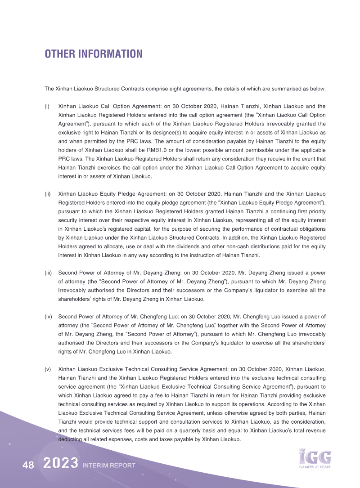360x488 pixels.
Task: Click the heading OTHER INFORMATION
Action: point(93,54)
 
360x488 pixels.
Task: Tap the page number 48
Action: point(28,466)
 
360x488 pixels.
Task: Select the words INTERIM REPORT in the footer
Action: point(109,466)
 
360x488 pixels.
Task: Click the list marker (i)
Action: point(47,106)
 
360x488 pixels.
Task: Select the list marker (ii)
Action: point(47,194)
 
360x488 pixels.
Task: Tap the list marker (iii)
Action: point(48,273)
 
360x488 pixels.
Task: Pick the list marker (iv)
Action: point(48,317)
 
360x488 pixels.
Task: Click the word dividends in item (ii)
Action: point(182,246)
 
